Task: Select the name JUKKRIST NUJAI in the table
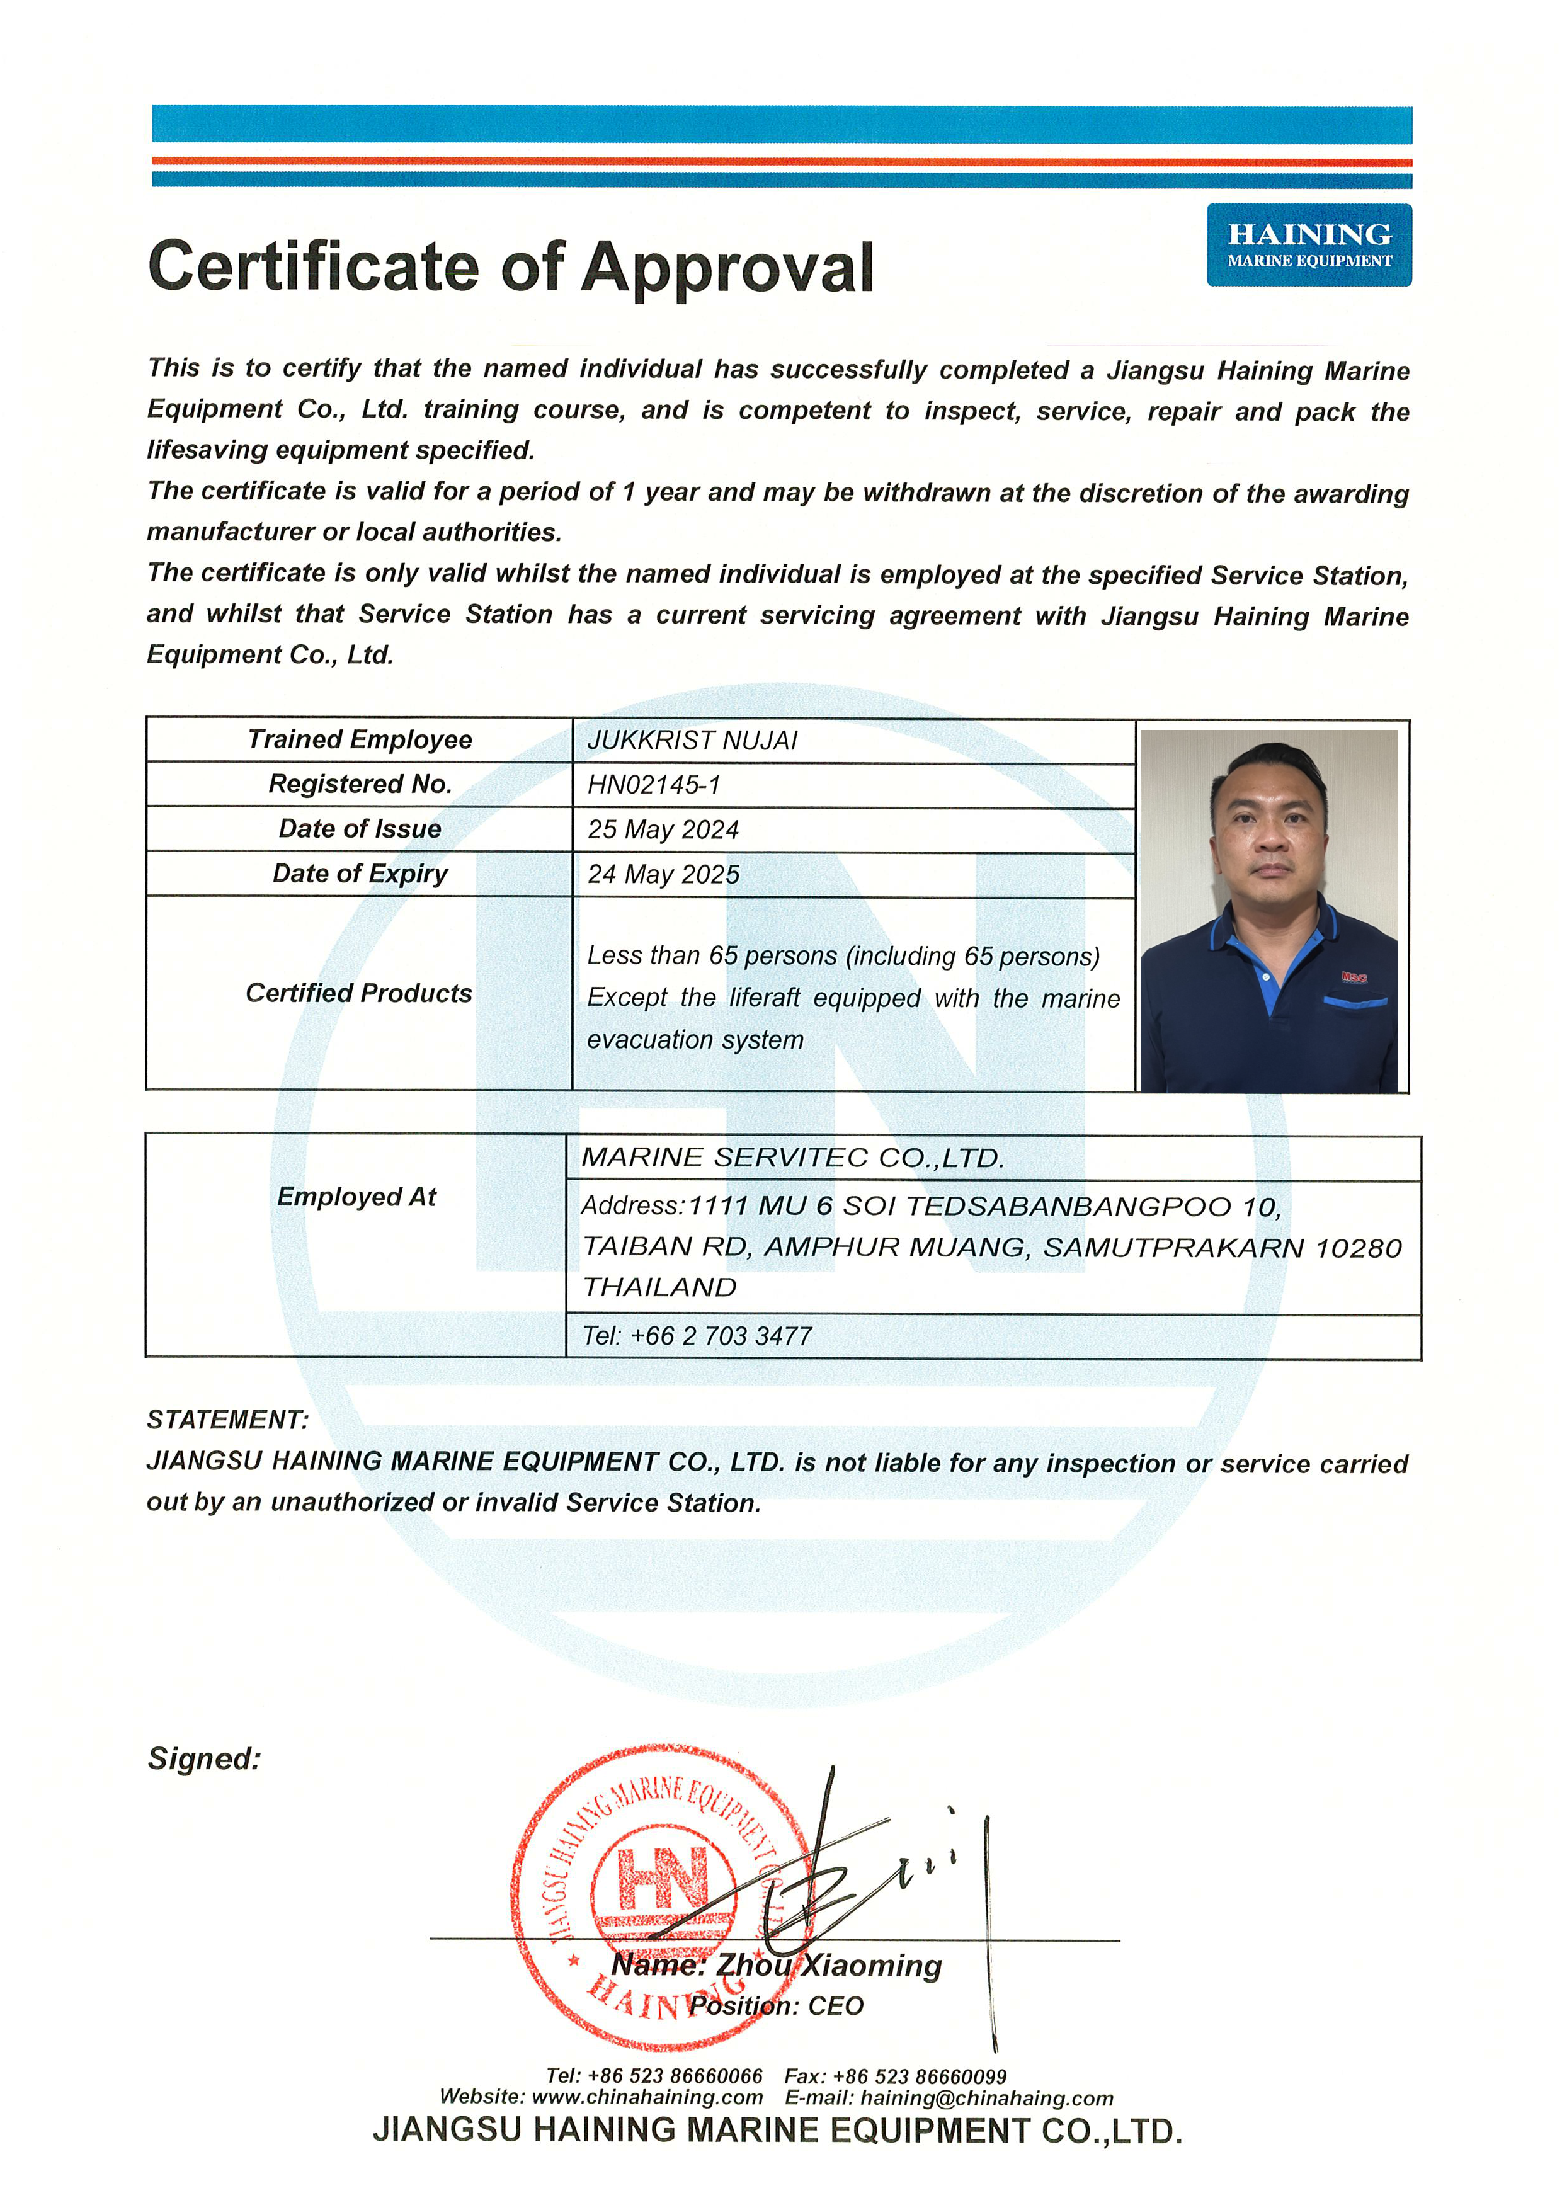coord(692,740)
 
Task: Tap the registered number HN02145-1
coord(654,785)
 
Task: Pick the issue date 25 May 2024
coord(663,829)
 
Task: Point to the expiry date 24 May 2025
coord(663,874)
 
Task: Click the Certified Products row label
coord(359,993)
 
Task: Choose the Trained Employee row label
coord(359,739)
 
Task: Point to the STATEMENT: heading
coord(227,1420)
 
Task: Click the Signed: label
coord(204,1758)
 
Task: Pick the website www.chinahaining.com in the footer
coord(647,2097)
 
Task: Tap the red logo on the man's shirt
coord(1354,978)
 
